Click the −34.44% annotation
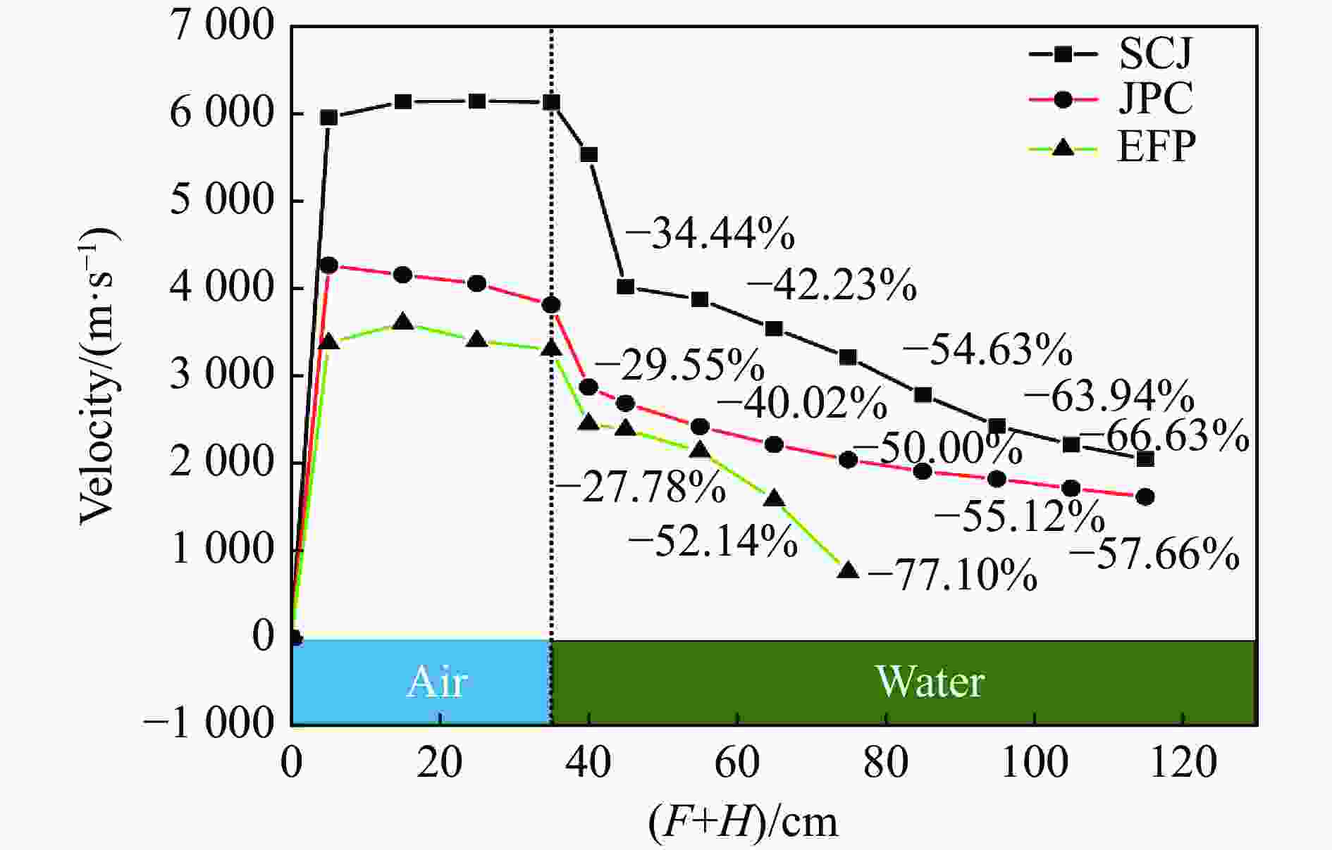click(710, 234)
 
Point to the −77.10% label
click(952, 575)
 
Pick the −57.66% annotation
click(1154, 554)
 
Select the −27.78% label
click(640, 487)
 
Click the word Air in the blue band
click(437, 682)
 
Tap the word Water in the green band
click(930, 682)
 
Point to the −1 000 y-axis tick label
click(208, 723)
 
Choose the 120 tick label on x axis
click(1183, 763)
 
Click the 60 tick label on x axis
click(737, 763)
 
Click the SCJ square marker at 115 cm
click(1145, 459)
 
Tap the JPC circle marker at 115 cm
click(1145, 496)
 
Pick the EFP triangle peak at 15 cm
click(403, 322)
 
